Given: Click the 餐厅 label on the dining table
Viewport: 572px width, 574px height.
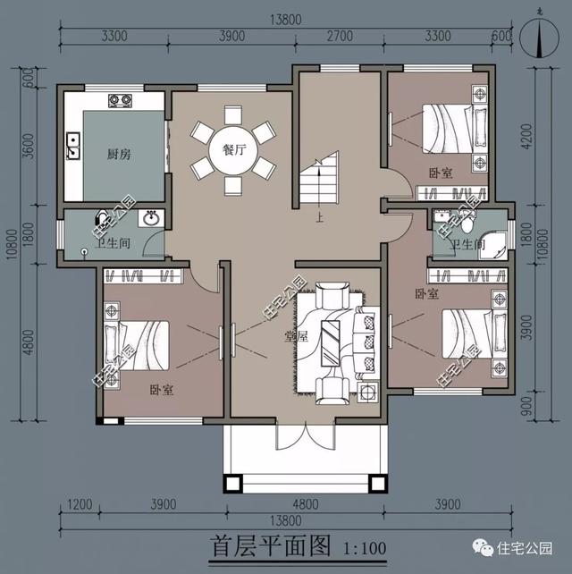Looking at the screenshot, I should tap(234, 150).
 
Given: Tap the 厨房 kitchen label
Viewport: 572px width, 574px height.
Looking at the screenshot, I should tap(119, 154).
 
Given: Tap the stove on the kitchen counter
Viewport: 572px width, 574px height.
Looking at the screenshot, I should tap(119, 99).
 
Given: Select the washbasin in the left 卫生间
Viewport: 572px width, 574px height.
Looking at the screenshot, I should tap(152, 218).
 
